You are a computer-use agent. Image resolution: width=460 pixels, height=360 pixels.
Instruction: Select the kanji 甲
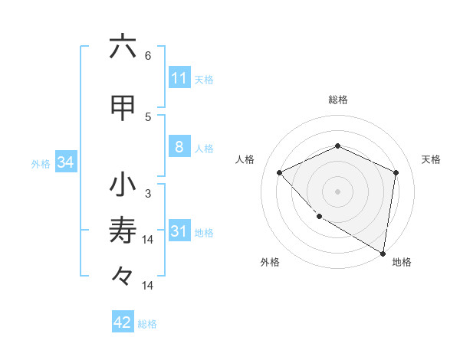coord(123,109)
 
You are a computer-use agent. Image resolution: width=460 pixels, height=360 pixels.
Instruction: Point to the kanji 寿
coord(123,231)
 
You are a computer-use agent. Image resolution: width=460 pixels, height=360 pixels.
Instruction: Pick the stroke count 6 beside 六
coord(147,56)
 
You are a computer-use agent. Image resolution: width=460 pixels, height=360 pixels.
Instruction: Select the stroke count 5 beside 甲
coord(147,116)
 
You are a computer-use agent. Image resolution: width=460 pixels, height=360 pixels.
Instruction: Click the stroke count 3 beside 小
coord(147,193)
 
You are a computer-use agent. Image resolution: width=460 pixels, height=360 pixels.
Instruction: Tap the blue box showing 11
coord(179,78)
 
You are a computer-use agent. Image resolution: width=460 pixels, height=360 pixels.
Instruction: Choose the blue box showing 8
coord(179,147)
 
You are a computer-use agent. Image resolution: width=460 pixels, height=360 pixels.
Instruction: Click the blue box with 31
coord(179,231)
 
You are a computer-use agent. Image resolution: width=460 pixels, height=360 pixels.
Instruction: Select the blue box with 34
coord(65,162)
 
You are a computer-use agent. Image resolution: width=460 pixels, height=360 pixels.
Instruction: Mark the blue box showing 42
coord(123,322)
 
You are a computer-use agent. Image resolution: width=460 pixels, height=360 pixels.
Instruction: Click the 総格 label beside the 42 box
coord(147,324)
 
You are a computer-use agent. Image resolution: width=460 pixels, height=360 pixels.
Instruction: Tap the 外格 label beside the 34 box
coord(41,163)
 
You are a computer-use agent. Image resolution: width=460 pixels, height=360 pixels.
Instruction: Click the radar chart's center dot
coord(337,191)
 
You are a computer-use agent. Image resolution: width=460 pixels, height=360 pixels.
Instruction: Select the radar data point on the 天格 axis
coord(396,172)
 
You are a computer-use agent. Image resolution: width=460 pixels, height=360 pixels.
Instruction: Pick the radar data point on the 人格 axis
coord(280,172)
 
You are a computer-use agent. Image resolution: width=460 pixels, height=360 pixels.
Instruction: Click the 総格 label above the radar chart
coord(337,100)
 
